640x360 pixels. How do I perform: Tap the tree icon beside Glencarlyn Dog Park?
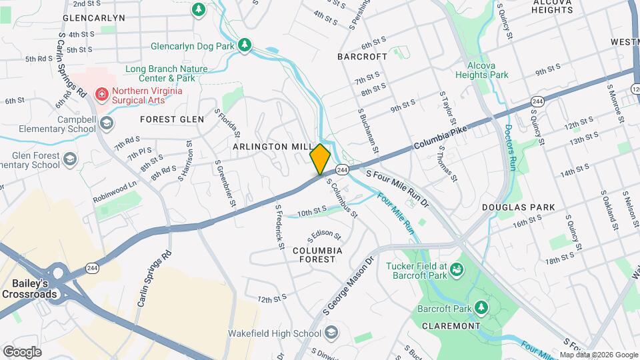245,45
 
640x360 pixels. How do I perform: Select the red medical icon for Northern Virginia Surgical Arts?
102,94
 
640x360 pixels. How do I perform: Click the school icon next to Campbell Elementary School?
107,124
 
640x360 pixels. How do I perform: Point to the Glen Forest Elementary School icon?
71,159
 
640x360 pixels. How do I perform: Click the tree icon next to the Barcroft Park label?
481,308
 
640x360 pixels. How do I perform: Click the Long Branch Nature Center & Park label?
166,73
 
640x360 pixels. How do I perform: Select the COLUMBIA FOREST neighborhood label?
317,256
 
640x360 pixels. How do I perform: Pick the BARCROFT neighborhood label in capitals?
362,57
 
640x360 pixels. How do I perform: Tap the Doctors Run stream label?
511,147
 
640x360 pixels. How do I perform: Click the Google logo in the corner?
22,351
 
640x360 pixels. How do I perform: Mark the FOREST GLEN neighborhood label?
172,119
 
